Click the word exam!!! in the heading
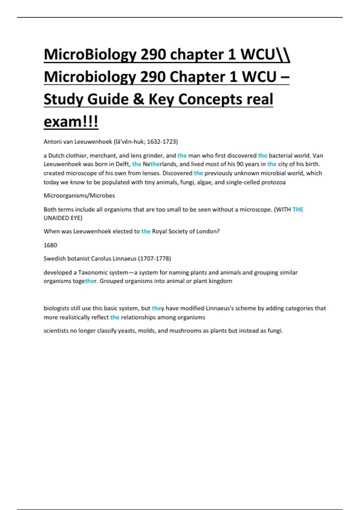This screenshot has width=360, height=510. (71, 122)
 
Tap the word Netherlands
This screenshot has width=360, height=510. (160, 164)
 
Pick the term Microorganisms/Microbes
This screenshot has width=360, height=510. (79, 196)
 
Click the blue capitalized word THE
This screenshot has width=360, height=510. (298, 210)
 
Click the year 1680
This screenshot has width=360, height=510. (50, 245)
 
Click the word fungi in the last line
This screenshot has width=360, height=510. (275, 331)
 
